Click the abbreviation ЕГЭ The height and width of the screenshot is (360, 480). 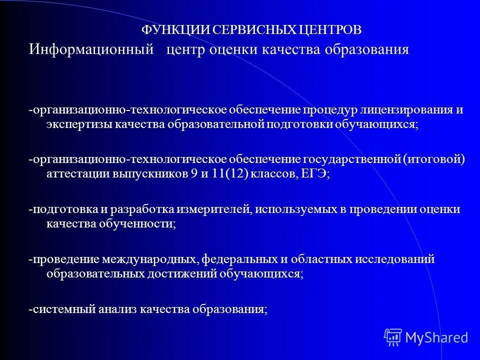pos(313,174)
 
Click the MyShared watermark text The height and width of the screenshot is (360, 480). pos(436,337)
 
